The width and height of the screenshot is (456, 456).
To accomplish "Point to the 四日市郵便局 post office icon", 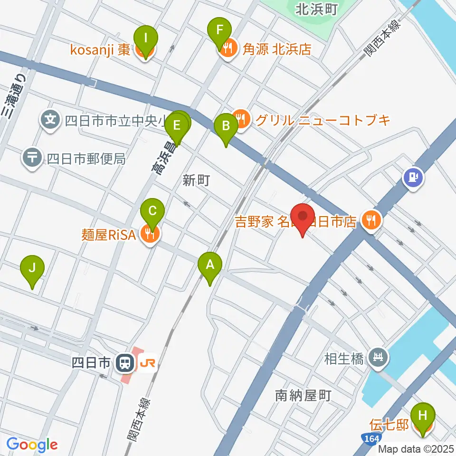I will click(x=32, y=158).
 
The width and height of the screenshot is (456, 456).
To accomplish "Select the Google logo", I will click(x=32, y=445).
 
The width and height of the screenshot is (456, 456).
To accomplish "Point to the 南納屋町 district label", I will click(x=303, y=395).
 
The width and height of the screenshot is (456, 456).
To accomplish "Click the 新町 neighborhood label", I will click(x=196, y=180).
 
